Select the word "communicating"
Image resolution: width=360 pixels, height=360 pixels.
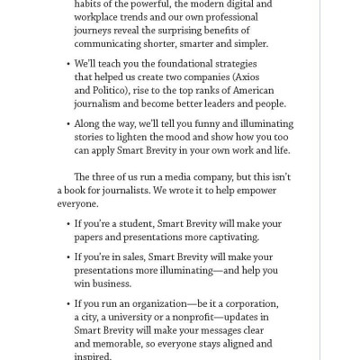(x=111, y=42)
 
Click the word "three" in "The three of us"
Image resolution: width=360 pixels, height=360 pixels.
(x=103, y=175)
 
